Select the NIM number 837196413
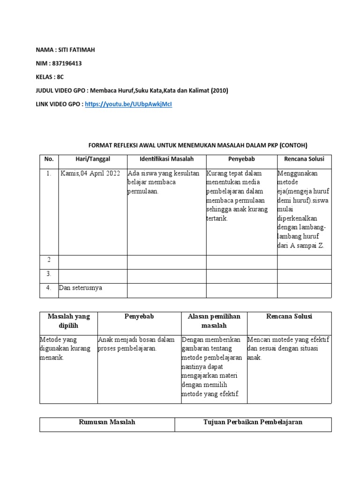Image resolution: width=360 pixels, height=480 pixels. [72, 64]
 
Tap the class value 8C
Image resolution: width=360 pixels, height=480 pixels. [60, 77]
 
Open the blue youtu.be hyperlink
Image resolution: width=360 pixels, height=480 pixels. [129, 104]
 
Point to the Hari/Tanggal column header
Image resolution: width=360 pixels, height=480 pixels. [92, 159]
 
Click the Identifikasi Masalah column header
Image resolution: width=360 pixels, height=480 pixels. [166, 159]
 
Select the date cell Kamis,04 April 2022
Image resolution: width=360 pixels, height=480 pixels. [90, 173]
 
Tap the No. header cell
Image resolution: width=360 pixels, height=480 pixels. [49, 159]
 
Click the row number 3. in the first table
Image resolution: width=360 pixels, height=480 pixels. [49, 274]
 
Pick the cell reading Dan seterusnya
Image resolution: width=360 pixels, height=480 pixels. [81, 288]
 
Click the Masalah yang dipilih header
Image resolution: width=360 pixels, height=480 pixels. [69, 321]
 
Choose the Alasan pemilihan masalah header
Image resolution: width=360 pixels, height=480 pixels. [214, 321]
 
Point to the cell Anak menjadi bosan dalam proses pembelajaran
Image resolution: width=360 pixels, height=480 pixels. [136, 344]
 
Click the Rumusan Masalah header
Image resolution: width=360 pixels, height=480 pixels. [107, 422]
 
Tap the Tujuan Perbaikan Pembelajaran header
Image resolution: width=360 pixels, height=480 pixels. [253, 422]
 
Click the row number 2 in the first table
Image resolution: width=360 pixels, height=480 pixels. [48, 260]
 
